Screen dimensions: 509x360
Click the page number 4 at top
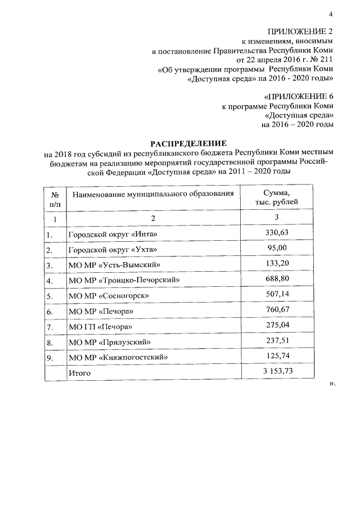tap(331, 13)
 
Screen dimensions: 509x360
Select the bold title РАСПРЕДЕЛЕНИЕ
tap(188, 142)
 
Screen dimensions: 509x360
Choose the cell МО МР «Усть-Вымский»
tap(115, 264)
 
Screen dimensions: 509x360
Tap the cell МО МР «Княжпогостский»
tap(118, 357)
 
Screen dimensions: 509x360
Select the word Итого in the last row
tap(79, 372)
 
